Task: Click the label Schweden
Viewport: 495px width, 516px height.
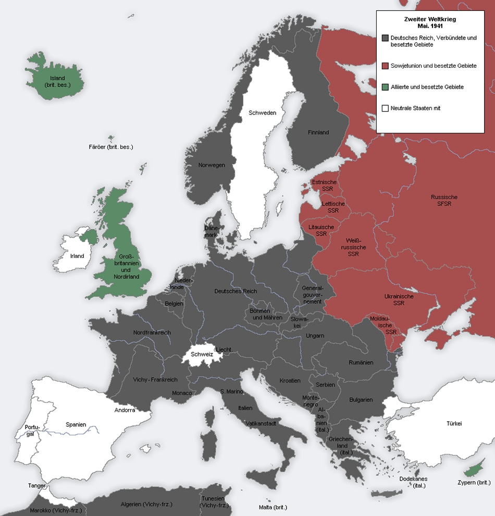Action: [x=262, y=113]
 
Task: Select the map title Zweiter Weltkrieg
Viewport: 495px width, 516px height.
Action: [x=423, y=19]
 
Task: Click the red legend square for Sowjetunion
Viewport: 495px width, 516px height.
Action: [x=385, y=66]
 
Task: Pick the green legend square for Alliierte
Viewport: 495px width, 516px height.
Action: [x=385, y=87]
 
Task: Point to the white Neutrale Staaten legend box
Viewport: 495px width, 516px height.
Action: [x=385, y=108]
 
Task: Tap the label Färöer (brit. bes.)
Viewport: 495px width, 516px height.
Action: [x=111, y=147]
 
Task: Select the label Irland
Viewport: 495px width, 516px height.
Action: [x=77, y=256]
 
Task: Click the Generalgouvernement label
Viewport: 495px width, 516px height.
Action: [x=313, y=294]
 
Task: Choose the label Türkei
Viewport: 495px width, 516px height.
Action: [x=454, y=423]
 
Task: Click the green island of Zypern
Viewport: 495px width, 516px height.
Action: [x=472, y=471]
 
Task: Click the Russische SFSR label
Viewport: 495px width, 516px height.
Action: [x=444, y=200]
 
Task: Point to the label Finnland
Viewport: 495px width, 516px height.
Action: [x=318, y=132]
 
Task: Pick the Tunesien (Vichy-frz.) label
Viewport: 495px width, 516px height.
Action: [x=214, y=501]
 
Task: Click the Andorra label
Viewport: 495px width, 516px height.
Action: [x=125, y=410]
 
